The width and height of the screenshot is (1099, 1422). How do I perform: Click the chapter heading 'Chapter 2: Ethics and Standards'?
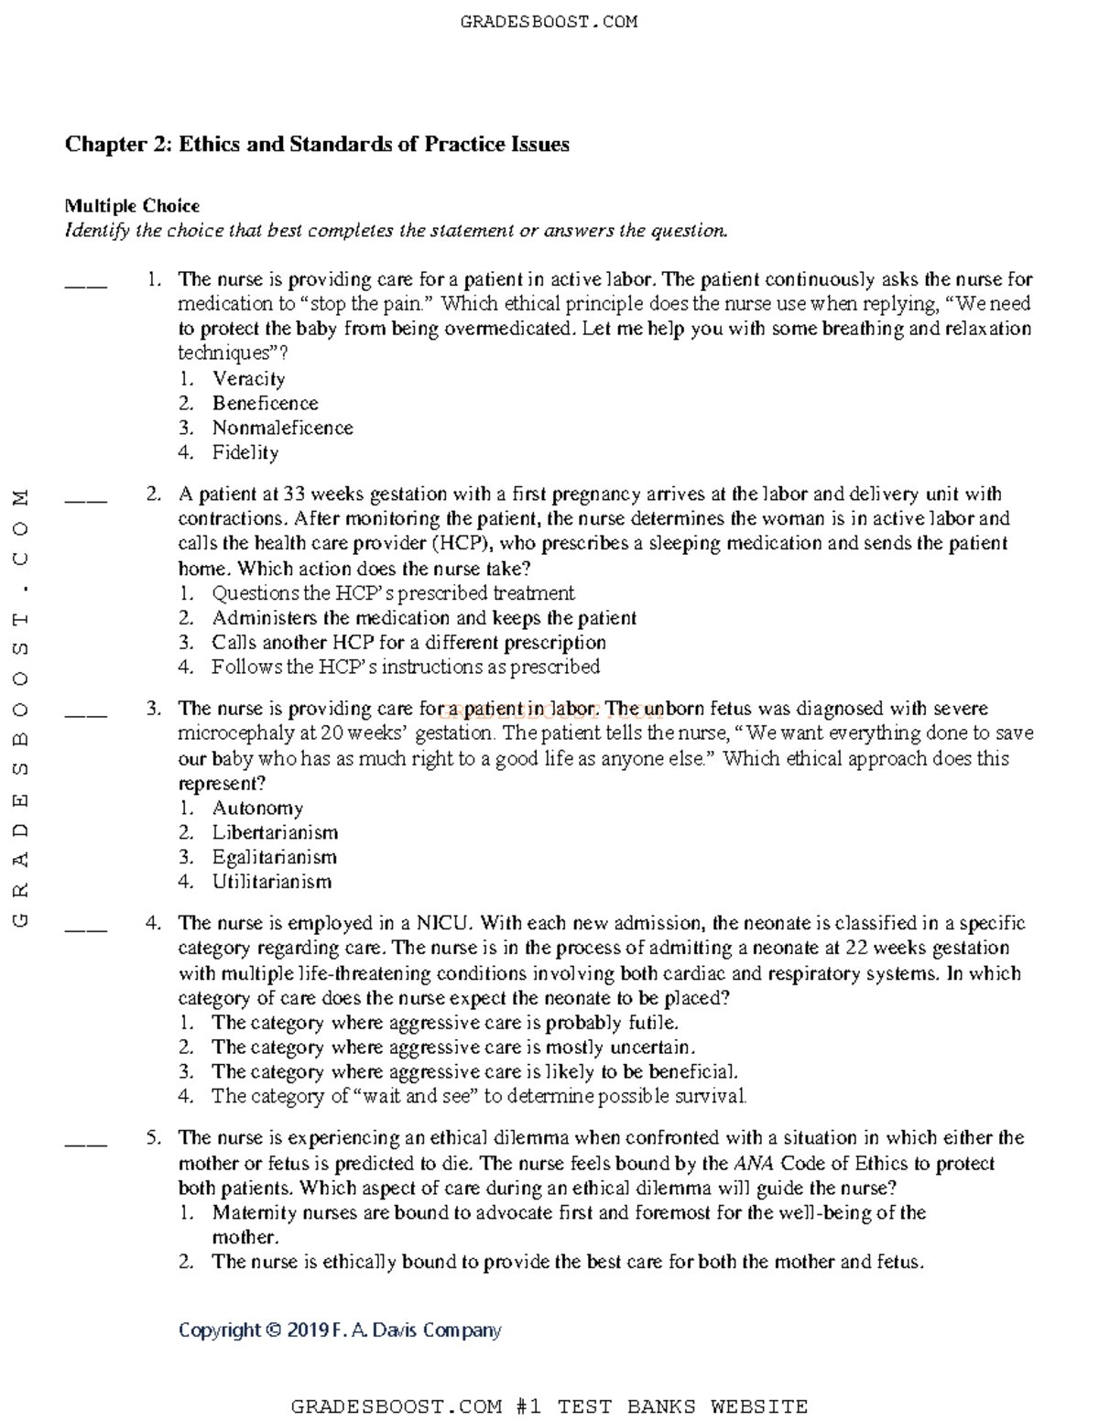316,145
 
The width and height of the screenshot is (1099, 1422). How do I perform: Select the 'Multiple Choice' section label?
132,206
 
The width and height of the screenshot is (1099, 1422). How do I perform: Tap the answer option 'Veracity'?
248,378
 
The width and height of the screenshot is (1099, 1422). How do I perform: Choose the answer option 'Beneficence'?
265,403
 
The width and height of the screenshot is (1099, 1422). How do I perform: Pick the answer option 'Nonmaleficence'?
282,428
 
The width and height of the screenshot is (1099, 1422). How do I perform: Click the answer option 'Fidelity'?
245,452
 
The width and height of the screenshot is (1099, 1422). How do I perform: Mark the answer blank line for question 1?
85,286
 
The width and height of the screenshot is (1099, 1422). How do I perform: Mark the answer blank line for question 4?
85,929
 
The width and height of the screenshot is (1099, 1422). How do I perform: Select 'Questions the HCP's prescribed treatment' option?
393,593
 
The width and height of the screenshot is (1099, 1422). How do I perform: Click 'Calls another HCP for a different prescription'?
408,643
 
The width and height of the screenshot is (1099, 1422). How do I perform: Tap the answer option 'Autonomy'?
257,808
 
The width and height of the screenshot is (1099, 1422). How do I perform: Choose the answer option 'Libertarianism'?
275,832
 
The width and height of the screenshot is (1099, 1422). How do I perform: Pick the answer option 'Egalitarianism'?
274,857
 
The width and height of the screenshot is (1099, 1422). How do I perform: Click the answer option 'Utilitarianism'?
271,882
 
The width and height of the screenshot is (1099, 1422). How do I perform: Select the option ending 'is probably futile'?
444,1023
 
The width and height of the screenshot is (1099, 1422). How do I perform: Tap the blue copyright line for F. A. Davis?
340,1330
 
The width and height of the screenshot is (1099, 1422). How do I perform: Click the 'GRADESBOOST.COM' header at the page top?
549,21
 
